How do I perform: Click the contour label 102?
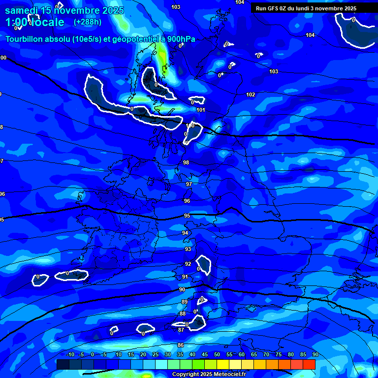point(251,94)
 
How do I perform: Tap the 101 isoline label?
point(200,110)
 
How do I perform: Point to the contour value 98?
point(186,162)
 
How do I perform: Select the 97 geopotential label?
point(189,184)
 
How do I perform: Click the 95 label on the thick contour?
point(187,216)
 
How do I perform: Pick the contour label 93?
point(188,250)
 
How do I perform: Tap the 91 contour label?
point(185,277)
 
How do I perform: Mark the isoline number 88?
point(183,314)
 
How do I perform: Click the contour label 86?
point(181,345)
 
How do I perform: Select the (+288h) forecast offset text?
point(88,22)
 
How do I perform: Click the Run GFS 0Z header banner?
point(306,8)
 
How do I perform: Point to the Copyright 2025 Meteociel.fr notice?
point(209,374)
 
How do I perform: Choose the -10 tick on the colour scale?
point(70,355)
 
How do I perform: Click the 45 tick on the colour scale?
point(205,355)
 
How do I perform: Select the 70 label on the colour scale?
point(266,355)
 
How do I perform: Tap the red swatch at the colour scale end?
point(309,364)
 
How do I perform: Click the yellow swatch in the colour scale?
point(223,364)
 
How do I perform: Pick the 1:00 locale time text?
point(34,22)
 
